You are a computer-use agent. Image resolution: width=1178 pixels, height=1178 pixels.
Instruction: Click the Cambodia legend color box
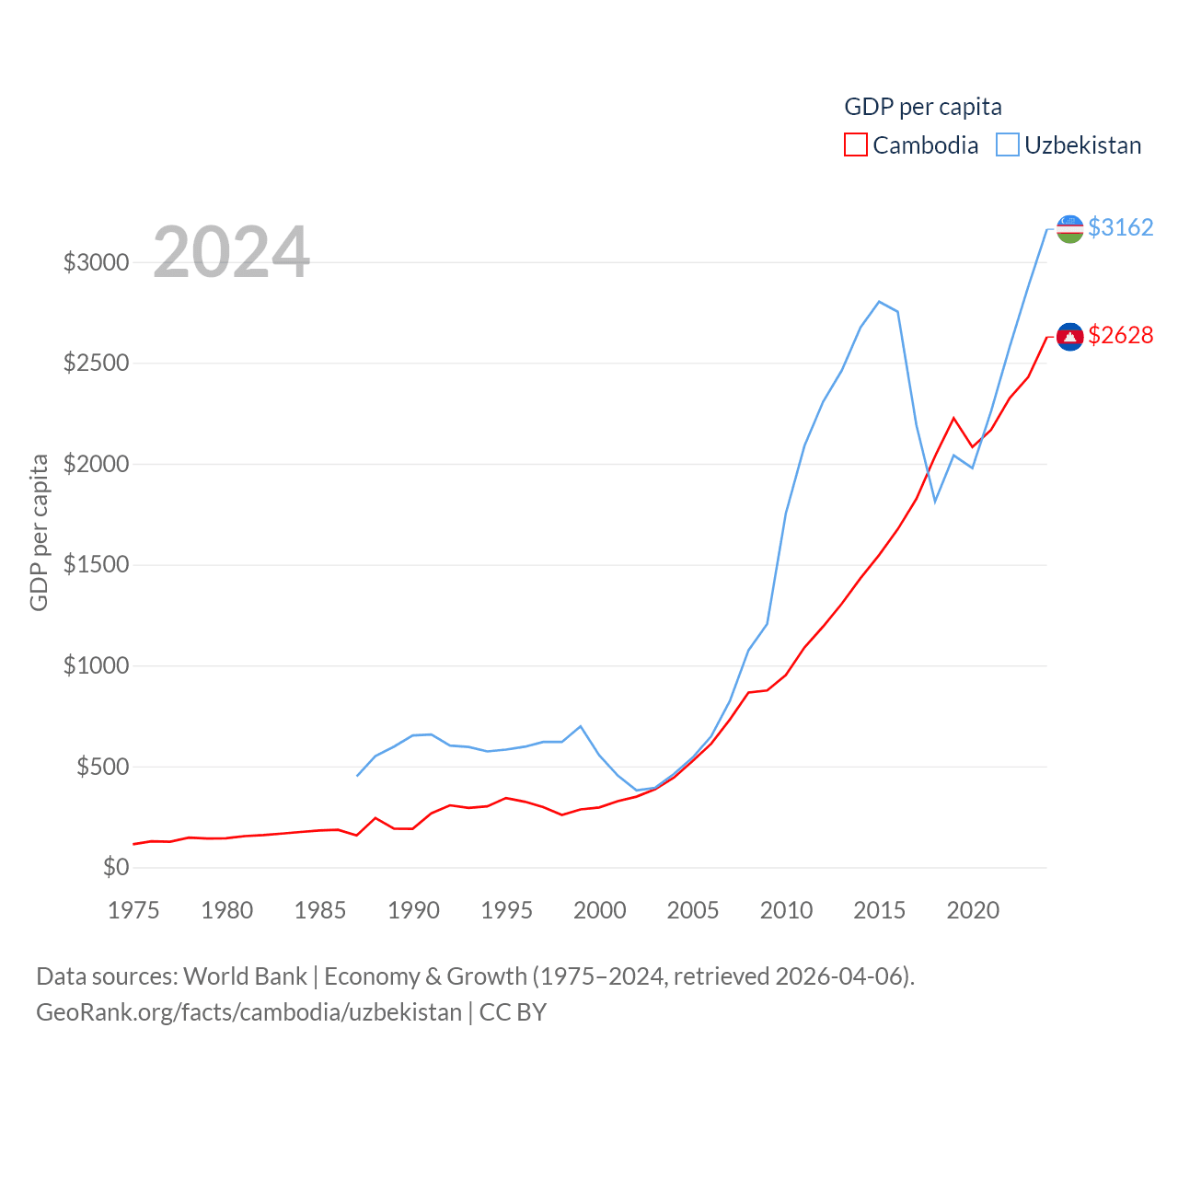click(856, 145)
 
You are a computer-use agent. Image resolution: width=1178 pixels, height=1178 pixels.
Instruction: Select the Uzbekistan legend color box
click(1008, 145)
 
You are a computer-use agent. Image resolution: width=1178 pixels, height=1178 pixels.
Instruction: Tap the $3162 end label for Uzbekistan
click(1120, 227)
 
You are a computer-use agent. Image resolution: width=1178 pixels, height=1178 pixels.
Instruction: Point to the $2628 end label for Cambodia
click(1120, 335)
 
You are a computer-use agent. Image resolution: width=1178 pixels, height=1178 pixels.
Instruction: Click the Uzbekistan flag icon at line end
click(1069, 228)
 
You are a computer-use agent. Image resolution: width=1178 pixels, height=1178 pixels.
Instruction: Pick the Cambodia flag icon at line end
click(1069, 337)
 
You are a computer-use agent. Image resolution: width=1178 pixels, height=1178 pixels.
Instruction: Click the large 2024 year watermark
click(231, 252)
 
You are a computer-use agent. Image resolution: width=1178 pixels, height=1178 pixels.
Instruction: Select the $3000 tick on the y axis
click(96, 262)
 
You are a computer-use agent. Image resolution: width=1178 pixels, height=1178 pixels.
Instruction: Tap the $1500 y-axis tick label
click(96, 564)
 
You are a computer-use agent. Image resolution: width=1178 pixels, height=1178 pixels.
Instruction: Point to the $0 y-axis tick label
click(116, 867)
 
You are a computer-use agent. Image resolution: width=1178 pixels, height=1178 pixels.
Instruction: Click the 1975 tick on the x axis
click(133, 910)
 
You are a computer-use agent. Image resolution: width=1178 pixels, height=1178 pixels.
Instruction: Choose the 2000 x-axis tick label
click(600, 910)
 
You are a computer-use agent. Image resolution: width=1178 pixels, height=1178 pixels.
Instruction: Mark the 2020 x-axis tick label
click(973, 910)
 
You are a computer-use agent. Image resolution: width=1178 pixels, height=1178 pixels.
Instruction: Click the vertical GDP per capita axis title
click(39, 532)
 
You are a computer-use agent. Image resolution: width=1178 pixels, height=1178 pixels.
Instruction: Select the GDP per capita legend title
click(923, 107)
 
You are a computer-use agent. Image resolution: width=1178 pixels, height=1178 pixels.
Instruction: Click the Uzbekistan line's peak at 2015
click(880, 301)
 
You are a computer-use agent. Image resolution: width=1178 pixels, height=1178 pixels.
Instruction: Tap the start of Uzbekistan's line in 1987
click(357, 776)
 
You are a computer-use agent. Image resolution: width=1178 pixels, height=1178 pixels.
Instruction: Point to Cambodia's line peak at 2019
click(954, 418)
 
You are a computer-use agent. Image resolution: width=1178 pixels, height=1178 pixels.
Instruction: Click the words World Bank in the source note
click(245, 976)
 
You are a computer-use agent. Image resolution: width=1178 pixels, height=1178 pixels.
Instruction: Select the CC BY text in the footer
click(513, 1012)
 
